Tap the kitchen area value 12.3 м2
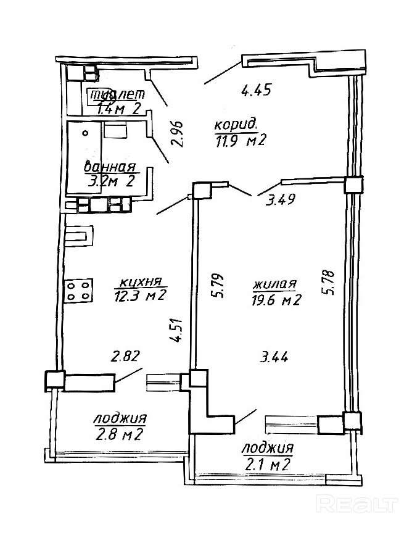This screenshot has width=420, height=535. pos(140,295)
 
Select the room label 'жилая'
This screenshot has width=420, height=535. pos(275,284)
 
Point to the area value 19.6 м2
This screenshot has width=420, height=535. pos(276,299)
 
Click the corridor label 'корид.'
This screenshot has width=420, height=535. pos(236,125)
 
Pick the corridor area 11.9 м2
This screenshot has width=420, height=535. pos(240,140)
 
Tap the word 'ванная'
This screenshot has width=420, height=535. pos(109,167)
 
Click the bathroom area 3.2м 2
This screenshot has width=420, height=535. pos(110,181)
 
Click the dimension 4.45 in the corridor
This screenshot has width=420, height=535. pos(256,91)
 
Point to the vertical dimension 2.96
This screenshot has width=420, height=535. pos(178,133)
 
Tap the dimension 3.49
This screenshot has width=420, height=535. pos(280,199)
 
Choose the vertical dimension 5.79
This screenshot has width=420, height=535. pos(218,285)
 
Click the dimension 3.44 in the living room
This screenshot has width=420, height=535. pos(274,357)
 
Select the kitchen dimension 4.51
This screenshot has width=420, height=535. pos(177,330)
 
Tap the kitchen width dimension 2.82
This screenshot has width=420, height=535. pos(126,356)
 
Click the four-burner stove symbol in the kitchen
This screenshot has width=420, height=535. pos(79,291)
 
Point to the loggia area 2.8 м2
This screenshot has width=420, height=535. pos(118,434)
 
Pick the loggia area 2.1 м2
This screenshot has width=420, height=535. pos(267,465)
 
